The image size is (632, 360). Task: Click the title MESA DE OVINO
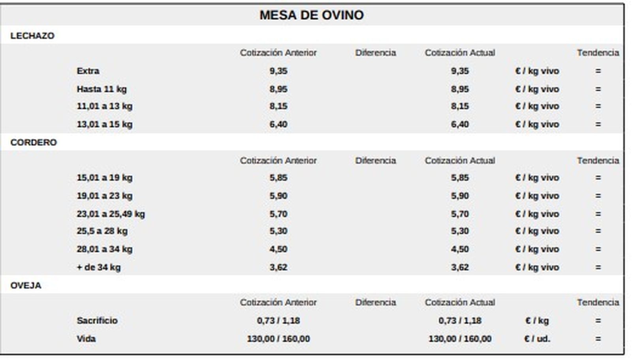[x=311, y=15]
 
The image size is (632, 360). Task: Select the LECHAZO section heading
[x=32, y=36]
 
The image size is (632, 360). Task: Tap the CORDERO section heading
[x=34, y=142]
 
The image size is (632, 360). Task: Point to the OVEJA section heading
[x=26, y=285]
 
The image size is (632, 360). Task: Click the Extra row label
[x=88, y=71]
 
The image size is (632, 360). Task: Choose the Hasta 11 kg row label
[x=102, y=89]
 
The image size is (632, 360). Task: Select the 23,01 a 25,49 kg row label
[x=111, y=214]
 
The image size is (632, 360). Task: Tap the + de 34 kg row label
[x=98, y=267]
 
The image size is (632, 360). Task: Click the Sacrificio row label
[x=97, y=321]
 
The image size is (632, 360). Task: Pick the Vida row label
[x=86, y=339]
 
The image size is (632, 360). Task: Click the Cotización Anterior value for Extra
[x=278, y=71]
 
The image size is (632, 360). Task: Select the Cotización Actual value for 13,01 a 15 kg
[x=460, y=124]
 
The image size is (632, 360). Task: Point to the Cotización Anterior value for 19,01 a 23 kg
[x=278, y=196]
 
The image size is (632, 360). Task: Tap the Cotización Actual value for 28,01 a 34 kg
[x=460, y=249]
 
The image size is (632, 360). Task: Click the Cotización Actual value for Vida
[x=460, y=339]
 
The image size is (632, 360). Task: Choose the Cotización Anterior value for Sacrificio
[x=278, y=321]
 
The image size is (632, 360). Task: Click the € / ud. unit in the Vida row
[x=537, y=339]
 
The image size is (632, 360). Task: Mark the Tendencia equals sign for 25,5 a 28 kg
[x=598, y=231]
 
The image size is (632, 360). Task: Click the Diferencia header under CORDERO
[x=375, y=161]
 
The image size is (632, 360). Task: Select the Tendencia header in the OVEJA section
[x=598, y=302]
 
